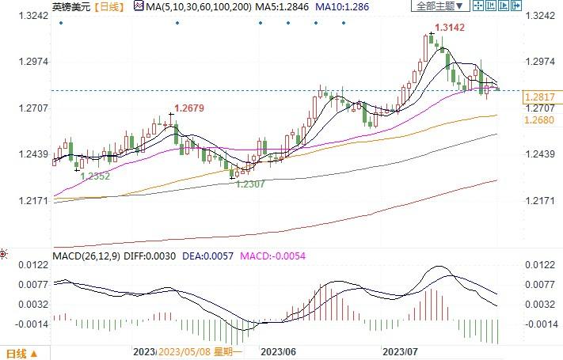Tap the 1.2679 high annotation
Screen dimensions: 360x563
pos(190,107)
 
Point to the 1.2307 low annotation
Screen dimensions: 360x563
pos(252,184)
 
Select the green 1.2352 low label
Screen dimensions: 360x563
pos(95,176)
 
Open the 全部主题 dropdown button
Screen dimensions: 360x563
pos(438,6)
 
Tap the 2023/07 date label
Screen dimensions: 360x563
pos(399,352)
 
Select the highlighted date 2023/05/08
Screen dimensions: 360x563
pos(184,352)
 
